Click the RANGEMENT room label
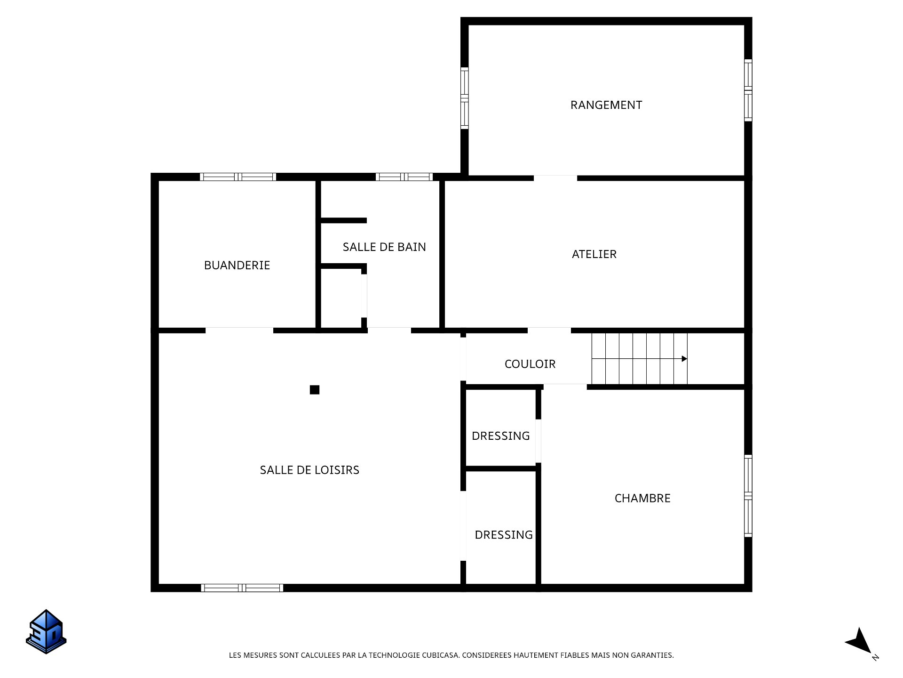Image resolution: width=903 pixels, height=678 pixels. (x=606, y=105)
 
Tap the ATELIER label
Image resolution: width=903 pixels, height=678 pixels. (x=594, y=254)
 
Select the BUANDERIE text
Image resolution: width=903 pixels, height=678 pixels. (x=237, y=266)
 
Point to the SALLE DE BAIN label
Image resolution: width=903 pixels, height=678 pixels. (x=384, y=247)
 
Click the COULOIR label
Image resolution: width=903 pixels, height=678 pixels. (x=530, y=364)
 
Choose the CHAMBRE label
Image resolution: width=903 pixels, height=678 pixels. (x=642, y=498)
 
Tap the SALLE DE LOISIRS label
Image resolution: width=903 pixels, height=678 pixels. (x=309, y=470)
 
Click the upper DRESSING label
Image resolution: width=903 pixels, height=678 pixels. (x=500, y=436)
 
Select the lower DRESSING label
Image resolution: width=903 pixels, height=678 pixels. (x=503, y=535)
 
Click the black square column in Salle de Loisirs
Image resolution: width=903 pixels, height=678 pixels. (x=315, y=390)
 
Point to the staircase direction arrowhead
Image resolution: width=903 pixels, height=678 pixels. (x=684, y=359)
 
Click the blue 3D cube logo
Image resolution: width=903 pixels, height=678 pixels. (x=46, y=632)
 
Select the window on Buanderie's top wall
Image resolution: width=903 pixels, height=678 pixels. (x=238, y=177)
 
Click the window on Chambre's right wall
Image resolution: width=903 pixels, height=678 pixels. (x=748, y=496)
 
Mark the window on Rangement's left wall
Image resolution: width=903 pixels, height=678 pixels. (x=464, y=98)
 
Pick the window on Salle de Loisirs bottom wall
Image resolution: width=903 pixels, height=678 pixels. (x=242, y=588)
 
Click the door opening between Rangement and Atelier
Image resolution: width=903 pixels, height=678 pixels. (x=555, y=178)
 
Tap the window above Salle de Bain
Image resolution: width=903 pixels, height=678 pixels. (x=404, y=177)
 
